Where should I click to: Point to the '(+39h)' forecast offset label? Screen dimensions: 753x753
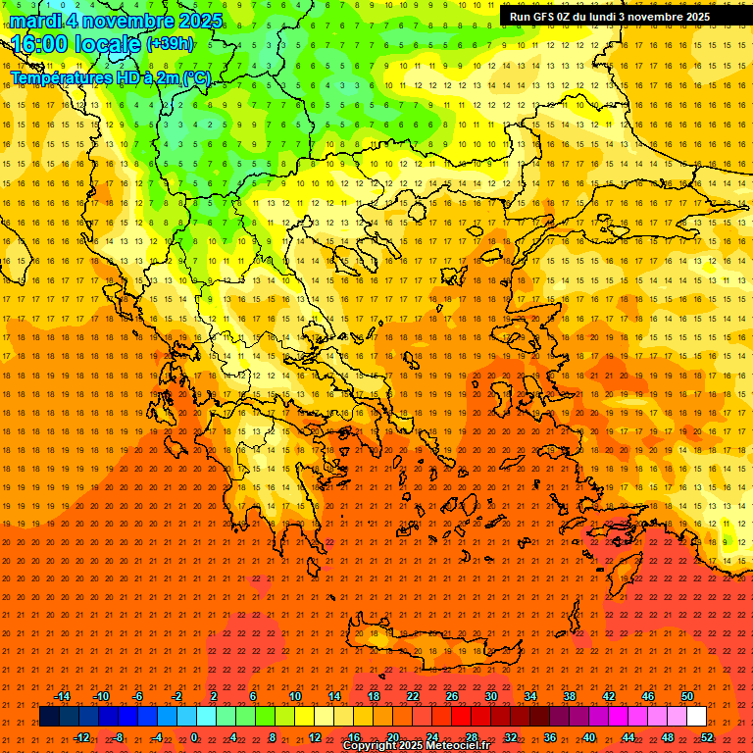pos(170,43)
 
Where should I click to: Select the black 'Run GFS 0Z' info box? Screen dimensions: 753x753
pos(610,17)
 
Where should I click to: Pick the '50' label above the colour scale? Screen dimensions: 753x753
pos(687,696)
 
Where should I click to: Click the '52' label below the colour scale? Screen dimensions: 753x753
pos(707,736)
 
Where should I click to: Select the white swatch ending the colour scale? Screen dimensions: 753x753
pos(697,717)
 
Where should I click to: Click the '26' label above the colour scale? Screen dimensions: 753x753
pos(452,696)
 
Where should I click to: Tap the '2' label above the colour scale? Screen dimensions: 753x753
pos(214,696)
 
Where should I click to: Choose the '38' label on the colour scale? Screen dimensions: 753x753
pos(570,696)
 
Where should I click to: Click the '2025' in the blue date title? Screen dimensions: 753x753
pos(194,21)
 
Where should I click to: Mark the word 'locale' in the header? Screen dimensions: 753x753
pos(112,44)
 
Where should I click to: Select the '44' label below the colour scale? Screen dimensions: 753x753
pos(628,736)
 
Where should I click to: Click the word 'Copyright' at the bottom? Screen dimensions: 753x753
pos(370,746)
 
